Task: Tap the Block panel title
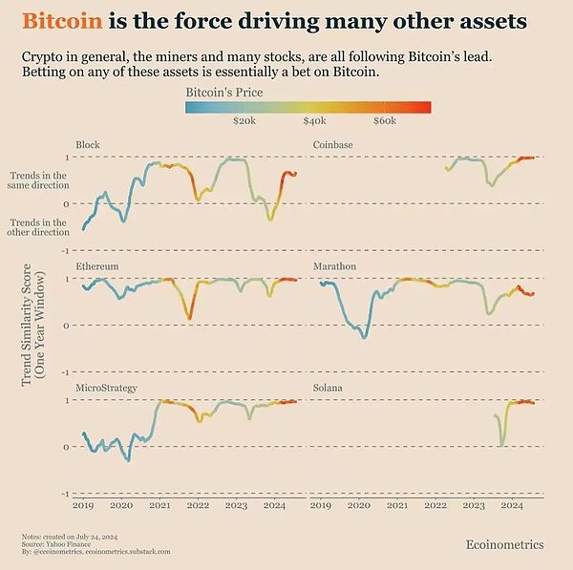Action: (88, 145)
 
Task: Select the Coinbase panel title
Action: (332, 145)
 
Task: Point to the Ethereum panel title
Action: (96, 265)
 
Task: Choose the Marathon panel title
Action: (334, 265)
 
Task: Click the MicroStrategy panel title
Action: (106, 388)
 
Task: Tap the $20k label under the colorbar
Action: (244, 121)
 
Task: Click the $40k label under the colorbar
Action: (314, 121)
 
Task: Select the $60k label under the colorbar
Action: (385, 121)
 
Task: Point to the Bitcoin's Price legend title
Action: (224, 92)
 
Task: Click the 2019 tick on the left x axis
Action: (84, 505)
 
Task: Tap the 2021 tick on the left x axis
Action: (160, 505)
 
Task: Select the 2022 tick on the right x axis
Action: (435, 505)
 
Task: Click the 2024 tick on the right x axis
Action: (512, 505)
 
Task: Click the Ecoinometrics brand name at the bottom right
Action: (504, 544)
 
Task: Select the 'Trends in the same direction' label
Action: (38, 181)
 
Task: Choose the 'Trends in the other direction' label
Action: (38, 227)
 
